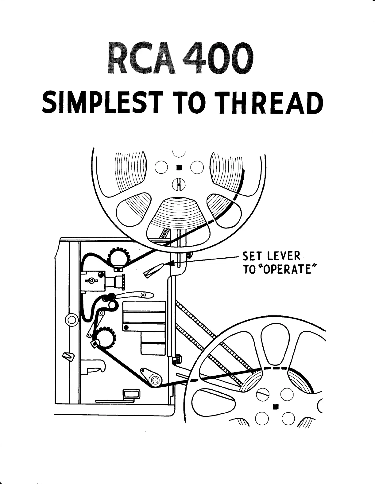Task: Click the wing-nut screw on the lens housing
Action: [x=91, y=280]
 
